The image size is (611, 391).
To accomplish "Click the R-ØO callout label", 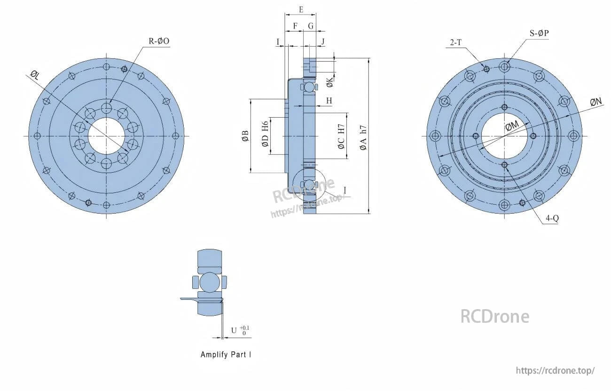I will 159,41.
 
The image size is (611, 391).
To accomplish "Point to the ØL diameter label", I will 35,74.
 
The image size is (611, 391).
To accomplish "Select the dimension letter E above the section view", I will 301,9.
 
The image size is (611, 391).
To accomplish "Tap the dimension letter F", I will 295,26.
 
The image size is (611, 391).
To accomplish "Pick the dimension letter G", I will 311,26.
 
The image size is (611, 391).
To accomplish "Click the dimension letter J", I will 323,42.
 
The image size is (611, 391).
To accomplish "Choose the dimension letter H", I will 329,101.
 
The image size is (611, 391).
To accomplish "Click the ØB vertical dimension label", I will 245,136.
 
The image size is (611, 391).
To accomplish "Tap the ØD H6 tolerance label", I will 265,134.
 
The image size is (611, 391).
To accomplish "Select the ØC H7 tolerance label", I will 341,136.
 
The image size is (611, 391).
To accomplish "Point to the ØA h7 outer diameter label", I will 363,137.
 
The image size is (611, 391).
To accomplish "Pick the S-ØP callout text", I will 540,33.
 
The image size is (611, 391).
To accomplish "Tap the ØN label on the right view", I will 596,102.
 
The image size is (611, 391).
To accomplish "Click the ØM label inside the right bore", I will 512,126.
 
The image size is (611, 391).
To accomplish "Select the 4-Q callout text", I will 552,218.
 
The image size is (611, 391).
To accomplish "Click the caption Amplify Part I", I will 226,355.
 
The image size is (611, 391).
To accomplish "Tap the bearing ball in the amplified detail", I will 209,282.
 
